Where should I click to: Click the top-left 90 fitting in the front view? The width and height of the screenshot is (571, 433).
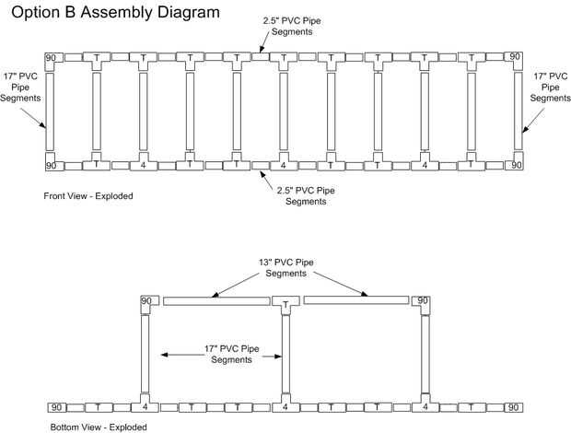(51, 58)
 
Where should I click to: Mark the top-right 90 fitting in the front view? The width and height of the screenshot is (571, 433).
(518, 58)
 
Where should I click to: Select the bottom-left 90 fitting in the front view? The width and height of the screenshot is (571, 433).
(51, 165)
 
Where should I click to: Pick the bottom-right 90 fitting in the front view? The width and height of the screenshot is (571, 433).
(518, 165)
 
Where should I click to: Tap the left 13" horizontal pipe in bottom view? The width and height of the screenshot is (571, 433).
(216, 301)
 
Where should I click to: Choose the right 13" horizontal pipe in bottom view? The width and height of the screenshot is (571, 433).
(356, 301)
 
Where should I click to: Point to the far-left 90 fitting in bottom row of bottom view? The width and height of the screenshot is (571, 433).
(57, 406)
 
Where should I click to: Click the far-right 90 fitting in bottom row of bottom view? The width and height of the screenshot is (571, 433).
(514, 406)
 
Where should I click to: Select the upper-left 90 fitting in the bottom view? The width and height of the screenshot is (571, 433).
(146, 302)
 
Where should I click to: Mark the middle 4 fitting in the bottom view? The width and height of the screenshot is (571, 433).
(285, 406)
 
